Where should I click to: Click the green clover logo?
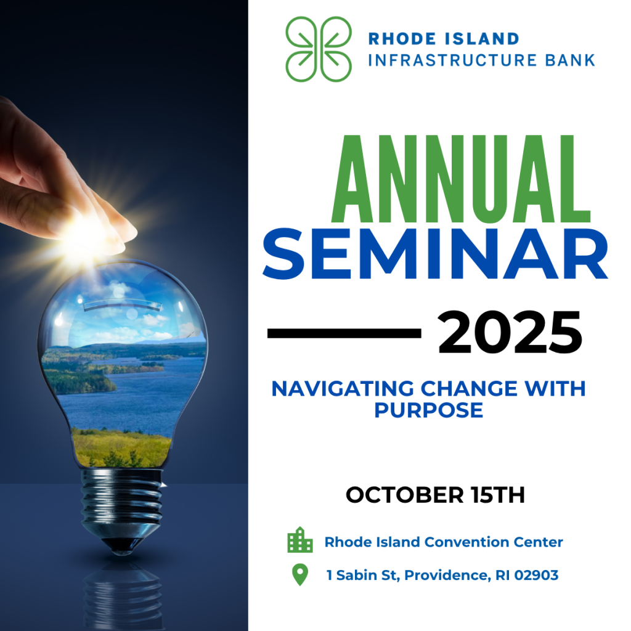319,49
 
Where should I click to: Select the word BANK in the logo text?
570,60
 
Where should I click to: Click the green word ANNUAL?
461,179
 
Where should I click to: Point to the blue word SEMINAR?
436,253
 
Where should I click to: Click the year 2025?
510,333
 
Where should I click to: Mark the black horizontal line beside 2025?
344,333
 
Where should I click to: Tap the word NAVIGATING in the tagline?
343,389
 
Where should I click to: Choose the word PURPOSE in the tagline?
429,410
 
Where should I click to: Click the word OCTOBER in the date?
405,495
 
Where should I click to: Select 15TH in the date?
498,495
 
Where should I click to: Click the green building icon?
300,540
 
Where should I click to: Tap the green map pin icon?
300,574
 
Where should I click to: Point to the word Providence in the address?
447,576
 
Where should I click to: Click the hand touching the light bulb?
60,177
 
